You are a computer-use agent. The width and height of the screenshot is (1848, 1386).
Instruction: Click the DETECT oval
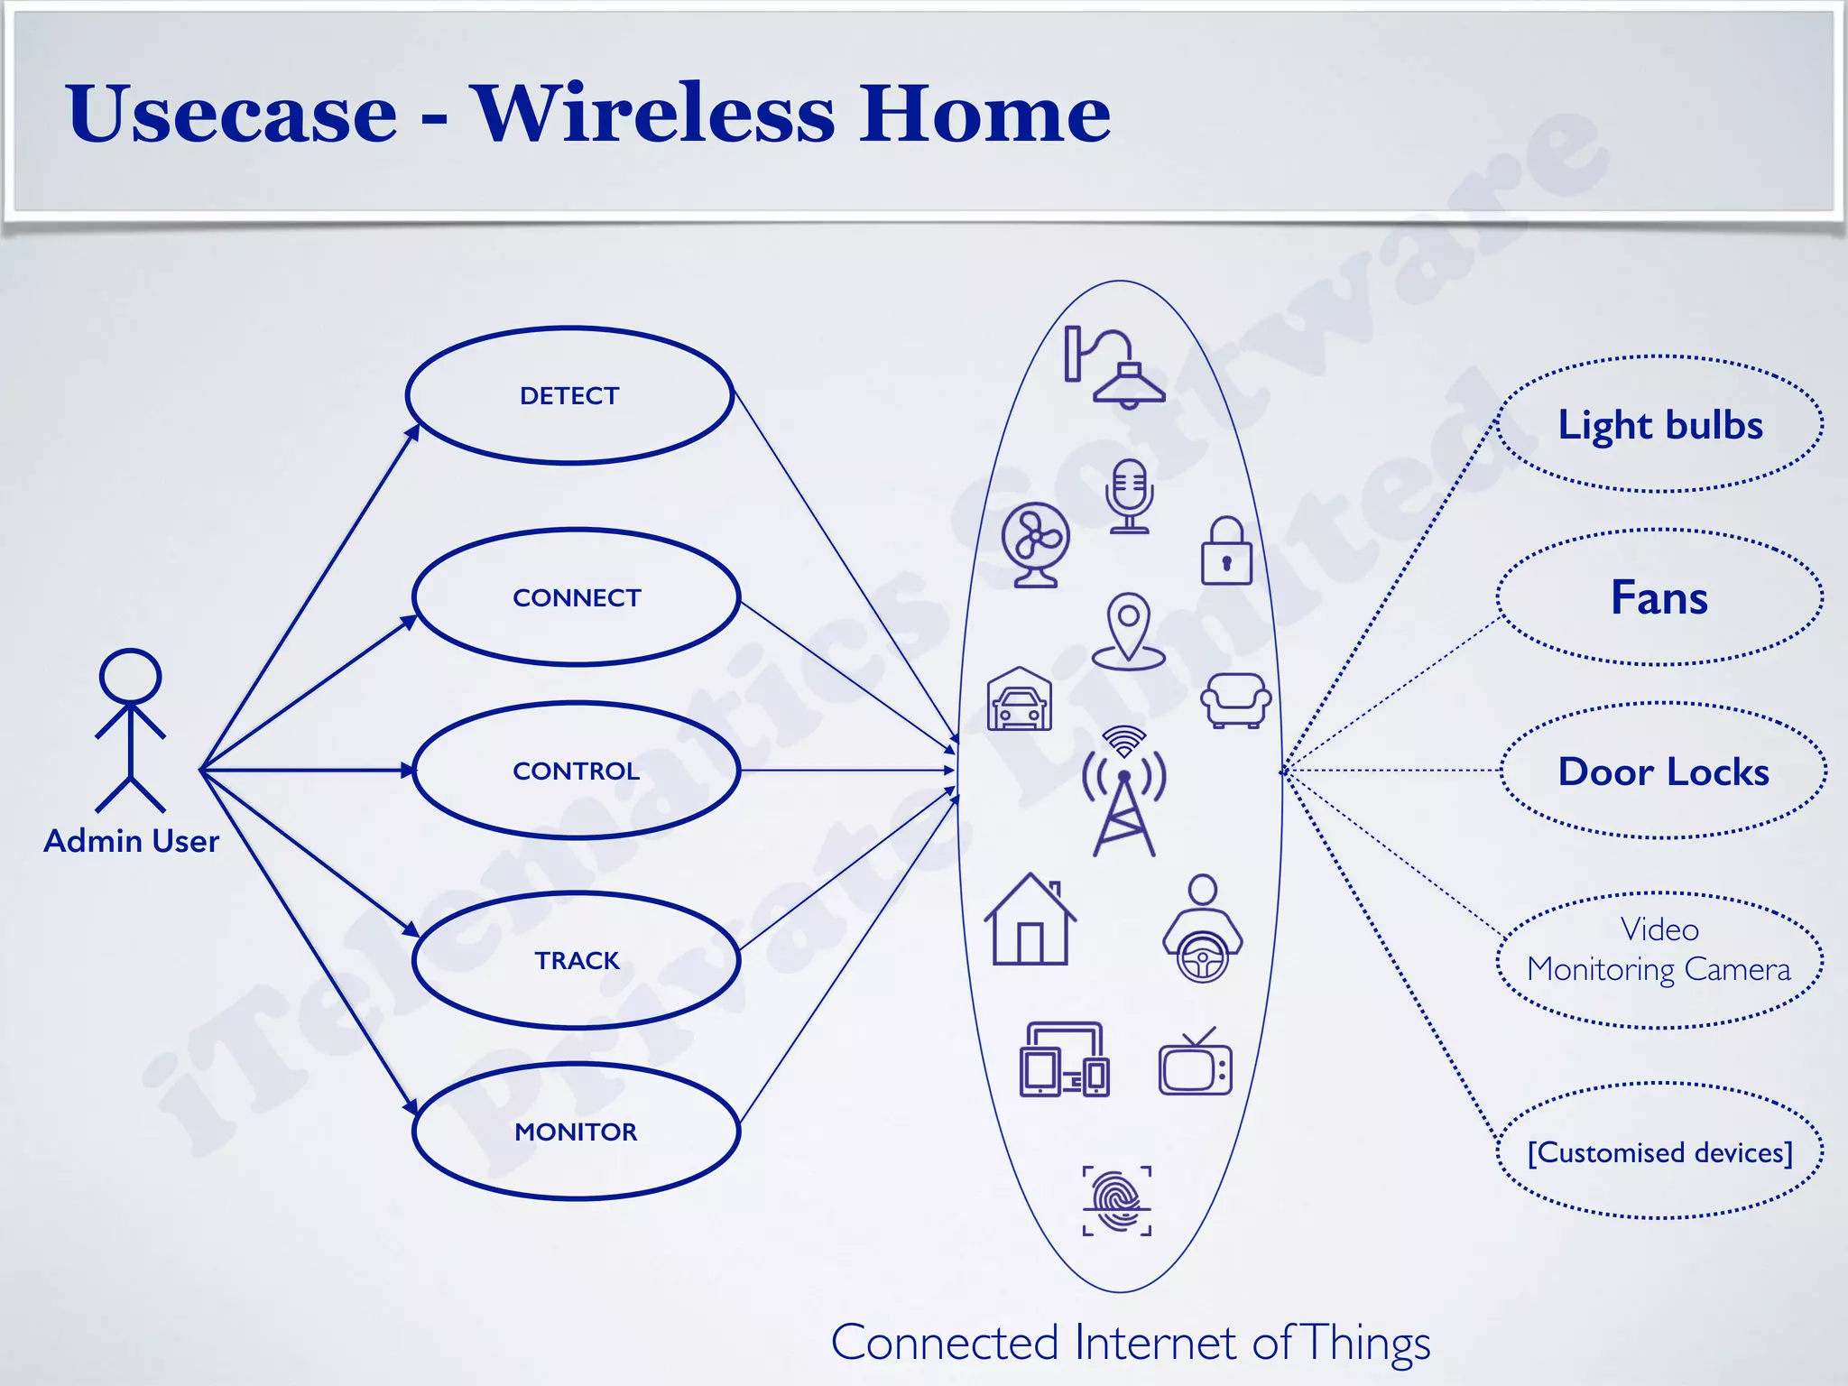tap(569, 395)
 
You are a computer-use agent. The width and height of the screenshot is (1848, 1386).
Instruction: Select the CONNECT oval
tap(577, 597)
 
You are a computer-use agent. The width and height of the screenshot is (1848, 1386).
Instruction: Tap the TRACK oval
tap(577, 960)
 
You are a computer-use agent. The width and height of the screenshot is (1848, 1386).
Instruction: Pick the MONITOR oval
tap(577, 1132)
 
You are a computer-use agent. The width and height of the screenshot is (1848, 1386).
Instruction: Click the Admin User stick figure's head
tap(131, 676)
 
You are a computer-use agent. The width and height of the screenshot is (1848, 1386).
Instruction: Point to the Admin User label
tap(132, 841)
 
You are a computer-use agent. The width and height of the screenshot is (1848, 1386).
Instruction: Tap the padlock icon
tap(1226, 551)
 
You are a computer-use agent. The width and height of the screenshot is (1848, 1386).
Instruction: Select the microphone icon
tap(1129, 495)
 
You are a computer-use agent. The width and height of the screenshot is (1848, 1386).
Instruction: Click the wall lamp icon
tap(1114, 367)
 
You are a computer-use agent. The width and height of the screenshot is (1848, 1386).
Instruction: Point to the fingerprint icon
tap(1117, 1200)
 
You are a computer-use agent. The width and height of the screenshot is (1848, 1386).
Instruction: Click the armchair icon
tap(1235, 699)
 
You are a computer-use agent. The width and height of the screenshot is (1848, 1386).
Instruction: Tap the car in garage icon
tap(1020, 699)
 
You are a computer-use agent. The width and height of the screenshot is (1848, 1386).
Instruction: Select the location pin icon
tap(1128, 631)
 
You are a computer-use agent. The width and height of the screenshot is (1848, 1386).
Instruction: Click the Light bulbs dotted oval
tap(1660, 424)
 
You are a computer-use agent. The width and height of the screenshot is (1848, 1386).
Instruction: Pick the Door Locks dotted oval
tap(1664, 772)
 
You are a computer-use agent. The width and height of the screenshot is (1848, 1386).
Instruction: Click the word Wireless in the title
tap(654, 114)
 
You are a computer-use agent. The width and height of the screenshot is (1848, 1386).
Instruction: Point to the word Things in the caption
tap(1366, 1343)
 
